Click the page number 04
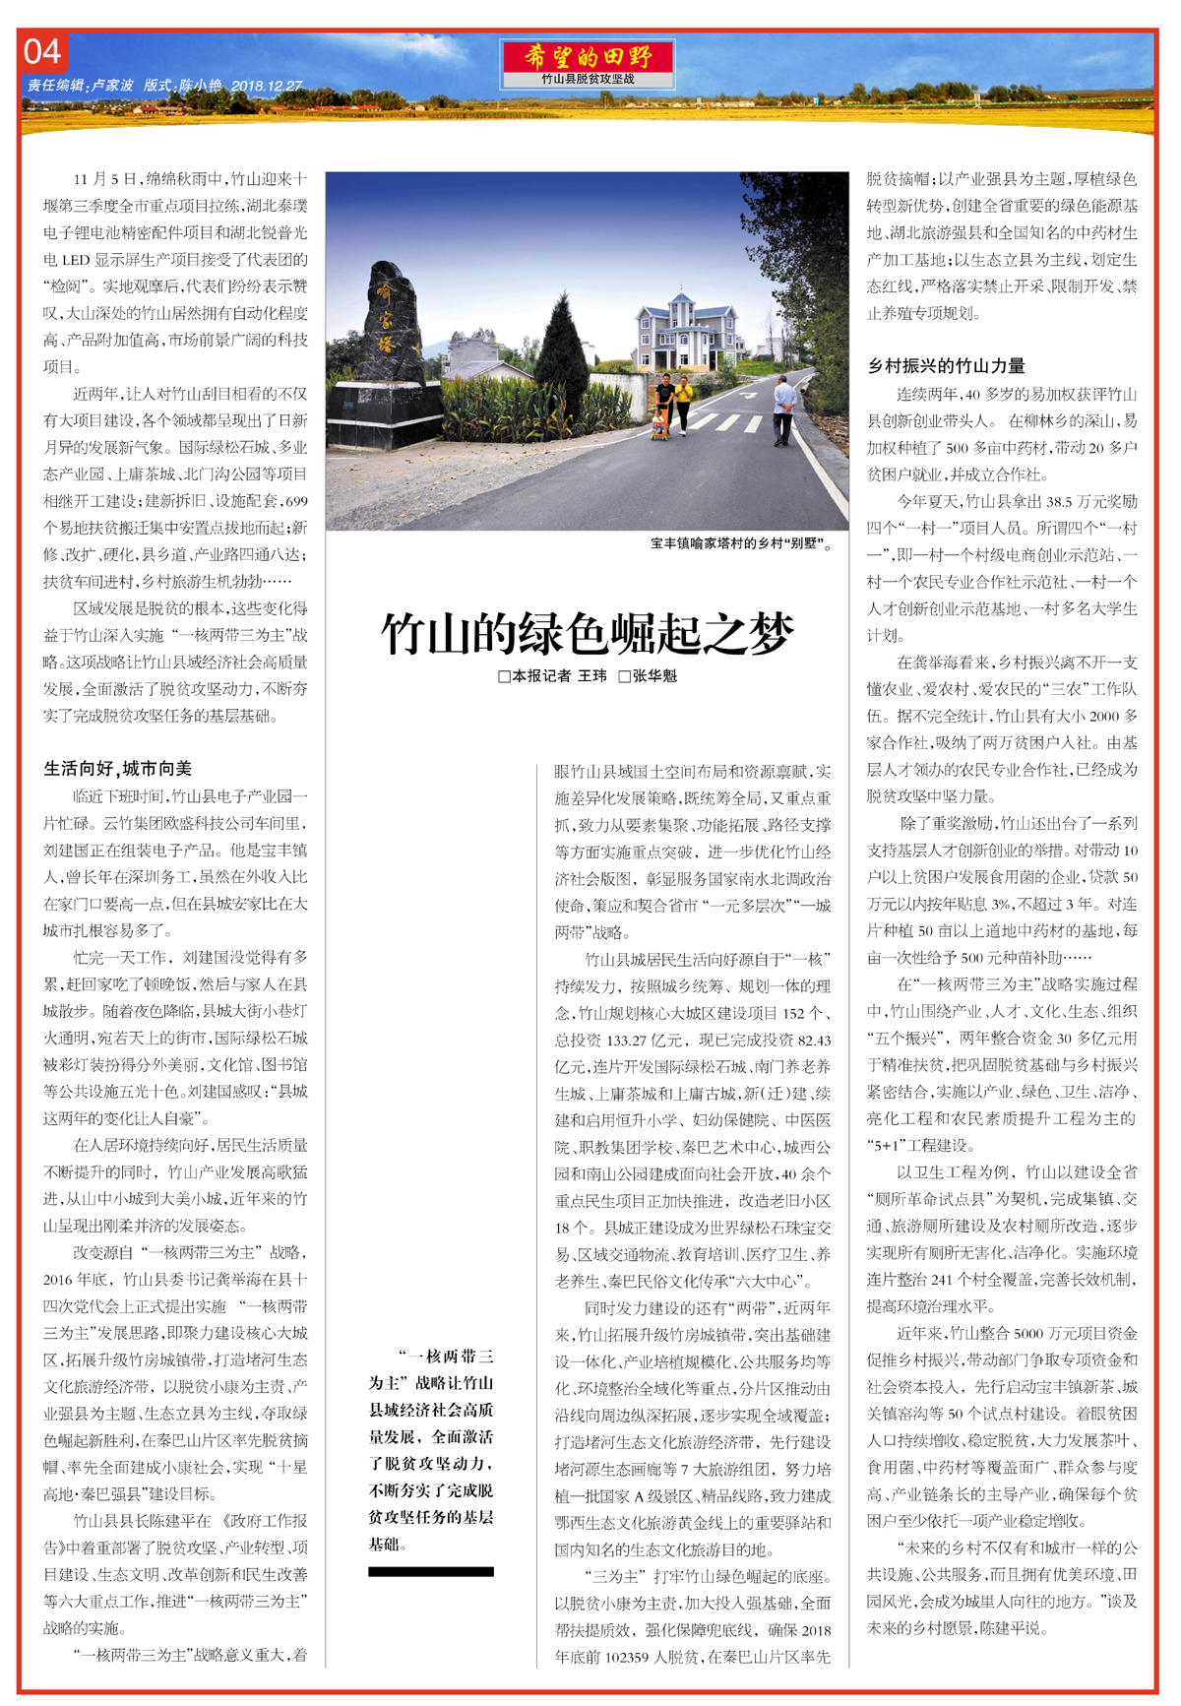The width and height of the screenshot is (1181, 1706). click(x=42, y=52)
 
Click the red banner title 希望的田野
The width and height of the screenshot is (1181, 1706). click(x=587, y=56)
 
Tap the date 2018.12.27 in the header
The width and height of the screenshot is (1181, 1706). click(x=267, y=87)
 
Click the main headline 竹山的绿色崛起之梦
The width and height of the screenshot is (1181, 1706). click(x=587, y=633)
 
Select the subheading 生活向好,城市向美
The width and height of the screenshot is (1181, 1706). click(x=118, y=768)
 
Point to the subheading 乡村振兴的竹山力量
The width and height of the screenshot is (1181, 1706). click(x=946, y=366)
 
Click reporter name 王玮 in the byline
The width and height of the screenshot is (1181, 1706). click(x=592, y=676)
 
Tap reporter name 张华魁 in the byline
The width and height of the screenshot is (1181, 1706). click(x=654, y=676)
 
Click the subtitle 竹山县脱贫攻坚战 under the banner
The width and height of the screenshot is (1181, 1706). click(x=588, y=79)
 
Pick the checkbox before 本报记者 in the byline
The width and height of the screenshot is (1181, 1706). click(x=505, y=677)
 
